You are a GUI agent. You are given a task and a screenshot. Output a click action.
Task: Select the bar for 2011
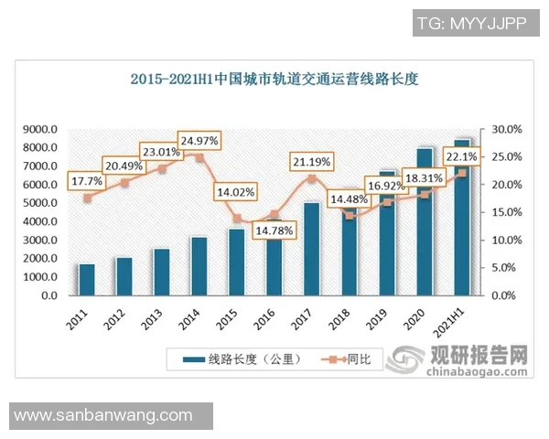click(87, 280)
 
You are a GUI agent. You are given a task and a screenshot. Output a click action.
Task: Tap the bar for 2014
click(199, 266)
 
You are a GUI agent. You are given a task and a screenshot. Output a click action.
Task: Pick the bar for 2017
click(312, 249)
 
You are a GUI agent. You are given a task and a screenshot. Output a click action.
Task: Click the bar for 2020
click(425, 222)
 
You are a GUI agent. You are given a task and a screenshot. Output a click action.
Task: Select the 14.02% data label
click(236, 193)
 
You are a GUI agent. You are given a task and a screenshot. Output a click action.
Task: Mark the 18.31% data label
click(425, 177)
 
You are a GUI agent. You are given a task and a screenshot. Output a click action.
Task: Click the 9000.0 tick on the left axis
click(40, 130)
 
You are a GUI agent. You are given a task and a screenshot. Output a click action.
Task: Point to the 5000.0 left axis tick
click(40, 204)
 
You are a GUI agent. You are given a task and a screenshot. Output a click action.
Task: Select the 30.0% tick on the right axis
click(508, 130)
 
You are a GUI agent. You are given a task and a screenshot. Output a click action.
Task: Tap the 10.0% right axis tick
click(508, 241)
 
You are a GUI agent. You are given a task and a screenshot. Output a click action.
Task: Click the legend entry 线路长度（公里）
click(242, 359)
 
